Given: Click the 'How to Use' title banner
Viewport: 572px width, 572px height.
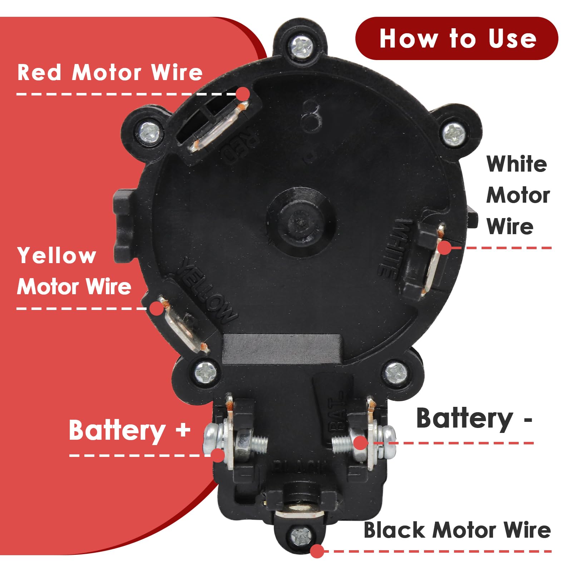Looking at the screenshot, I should pyautogui.click(x=457, y=38).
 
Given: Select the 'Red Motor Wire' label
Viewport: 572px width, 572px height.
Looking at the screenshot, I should pyautogui.click(x=110, y=73).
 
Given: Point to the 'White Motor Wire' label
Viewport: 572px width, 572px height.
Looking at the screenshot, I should pyautogui.click(x=517, y=195).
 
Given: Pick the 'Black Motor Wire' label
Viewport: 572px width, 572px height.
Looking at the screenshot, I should pyautogui.click(x=457, y=530).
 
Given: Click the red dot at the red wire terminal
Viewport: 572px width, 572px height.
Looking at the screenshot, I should pyautogui.click(x=243, y=94).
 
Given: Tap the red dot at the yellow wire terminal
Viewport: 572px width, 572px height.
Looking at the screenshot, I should pyautogui.click(x=156, y=309).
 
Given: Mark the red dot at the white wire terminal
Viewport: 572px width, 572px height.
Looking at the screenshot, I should pyautogui.click(x=444, y=248).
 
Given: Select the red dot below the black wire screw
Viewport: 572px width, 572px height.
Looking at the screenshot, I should pyautogui.click(x=317, y=551).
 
